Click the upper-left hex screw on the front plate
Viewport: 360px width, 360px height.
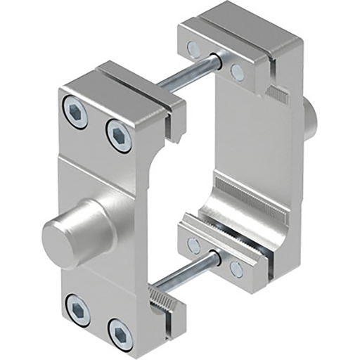75,110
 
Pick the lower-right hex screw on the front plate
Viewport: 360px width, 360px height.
120,331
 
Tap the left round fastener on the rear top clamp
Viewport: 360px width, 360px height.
193,49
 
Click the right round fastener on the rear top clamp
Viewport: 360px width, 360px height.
237,71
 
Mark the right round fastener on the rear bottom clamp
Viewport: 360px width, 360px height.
236,269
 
